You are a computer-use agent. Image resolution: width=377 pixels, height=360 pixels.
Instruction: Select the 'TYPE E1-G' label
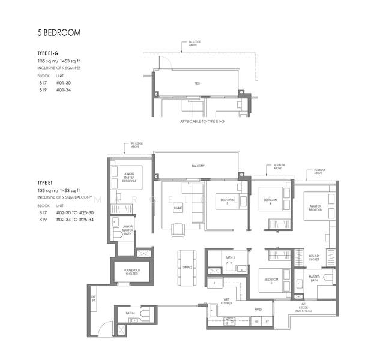click(x=47, y=53)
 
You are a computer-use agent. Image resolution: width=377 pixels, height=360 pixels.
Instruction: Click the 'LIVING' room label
click(x=178, y=208)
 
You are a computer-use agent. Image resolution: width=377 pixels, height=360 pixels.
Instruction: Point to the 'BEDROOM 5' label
click(x=227, y=201)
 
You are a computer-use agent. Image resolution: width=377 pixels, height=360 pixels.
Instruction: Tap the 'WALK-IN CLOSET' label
click(x=314, y=258)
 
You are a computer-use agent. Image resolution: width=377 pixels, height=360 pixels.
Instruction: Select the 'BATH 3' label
click(x=229, y=257)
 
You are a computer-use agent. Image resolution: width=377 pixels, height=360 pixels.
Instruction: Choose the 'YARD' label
click(x=258, y=310)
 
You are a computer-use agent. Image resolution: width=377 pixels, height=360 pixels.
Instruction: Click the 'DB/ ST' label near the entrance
click(x=93, y=298)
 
